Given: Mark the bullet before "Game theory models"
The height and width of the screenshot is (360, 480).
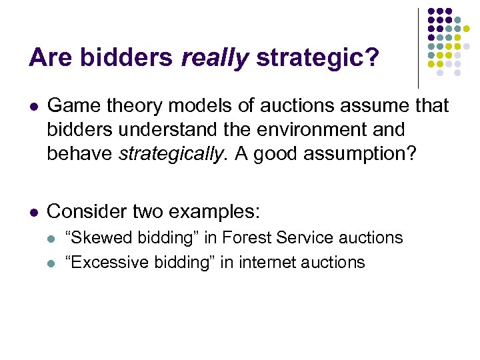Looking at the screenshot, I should click(x=34, y=106).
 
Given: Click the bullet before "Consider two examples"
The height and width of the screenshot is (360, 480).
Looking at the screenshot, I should click(x=34, y=212).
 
